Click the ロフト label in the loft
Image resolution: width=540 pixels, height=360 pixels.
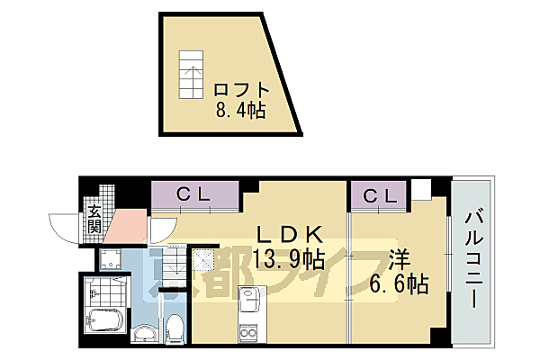coord(241,90)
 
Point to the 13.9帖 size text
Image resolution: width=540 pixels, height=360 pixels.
coord(288,259)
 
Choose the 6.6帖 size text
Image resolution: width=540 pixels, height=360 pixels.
coord(399,284)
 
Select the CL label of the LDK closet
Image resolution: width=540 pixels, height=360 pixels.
coord(195,194)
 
